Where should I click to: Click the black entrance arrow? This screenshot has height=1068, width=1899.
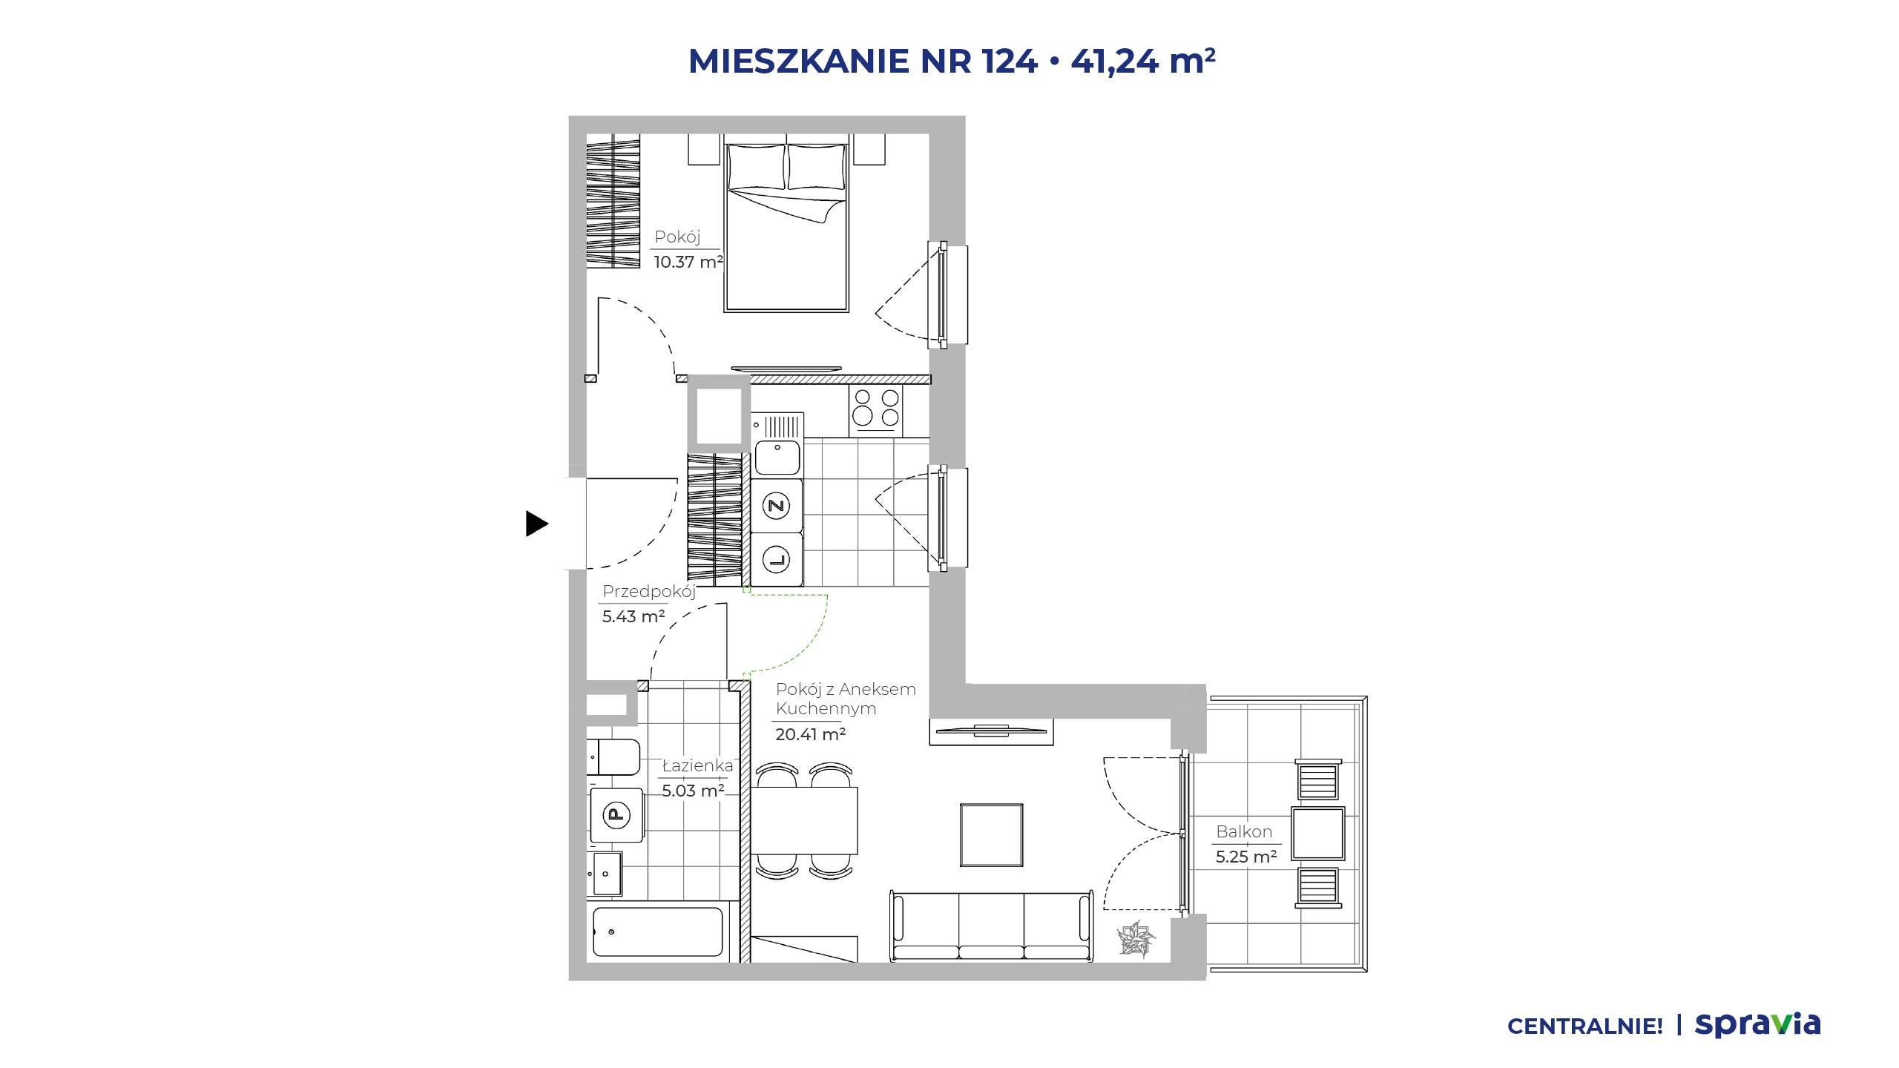pos(536,524)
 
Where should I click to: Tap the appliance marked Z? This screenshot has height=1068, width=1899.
pos(777,506)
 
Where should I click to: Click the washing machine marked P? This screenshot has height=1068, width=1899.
pos(616,815)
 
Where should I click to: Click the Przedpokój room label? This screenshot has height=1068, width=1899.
pos(649,591)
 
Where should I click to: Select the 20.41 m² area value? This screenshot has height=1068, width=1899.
pos(811,734)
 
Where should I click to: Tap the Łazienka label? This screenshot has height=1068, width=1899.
pos(697,766)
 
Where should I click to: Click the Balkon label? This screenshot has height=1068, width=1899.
pos(1244,831)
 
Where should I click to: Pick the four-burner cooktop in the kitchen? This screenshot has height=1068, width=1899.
pos(876,412)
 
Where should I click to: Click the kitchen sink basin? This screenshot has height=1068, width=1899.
pos(777,457)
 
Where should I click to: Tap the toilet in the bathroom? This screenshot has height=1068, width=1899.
pos(613,756)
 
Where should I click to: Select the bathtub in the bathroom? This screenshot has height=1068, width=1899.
pos(657,932)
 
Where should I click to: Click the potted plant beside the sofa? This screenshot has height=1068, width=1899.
pos(1136,937)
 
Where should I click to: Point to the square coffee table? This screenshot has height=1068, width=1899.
pos(992,835)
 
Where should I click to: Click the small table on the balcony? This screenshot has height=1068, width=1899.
pos(1318,834)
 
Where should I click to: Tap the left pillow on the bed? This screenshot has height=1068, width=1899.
pos(756,167)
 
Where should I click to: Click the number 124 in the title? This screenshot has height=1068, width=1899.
pos(1010,61)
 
